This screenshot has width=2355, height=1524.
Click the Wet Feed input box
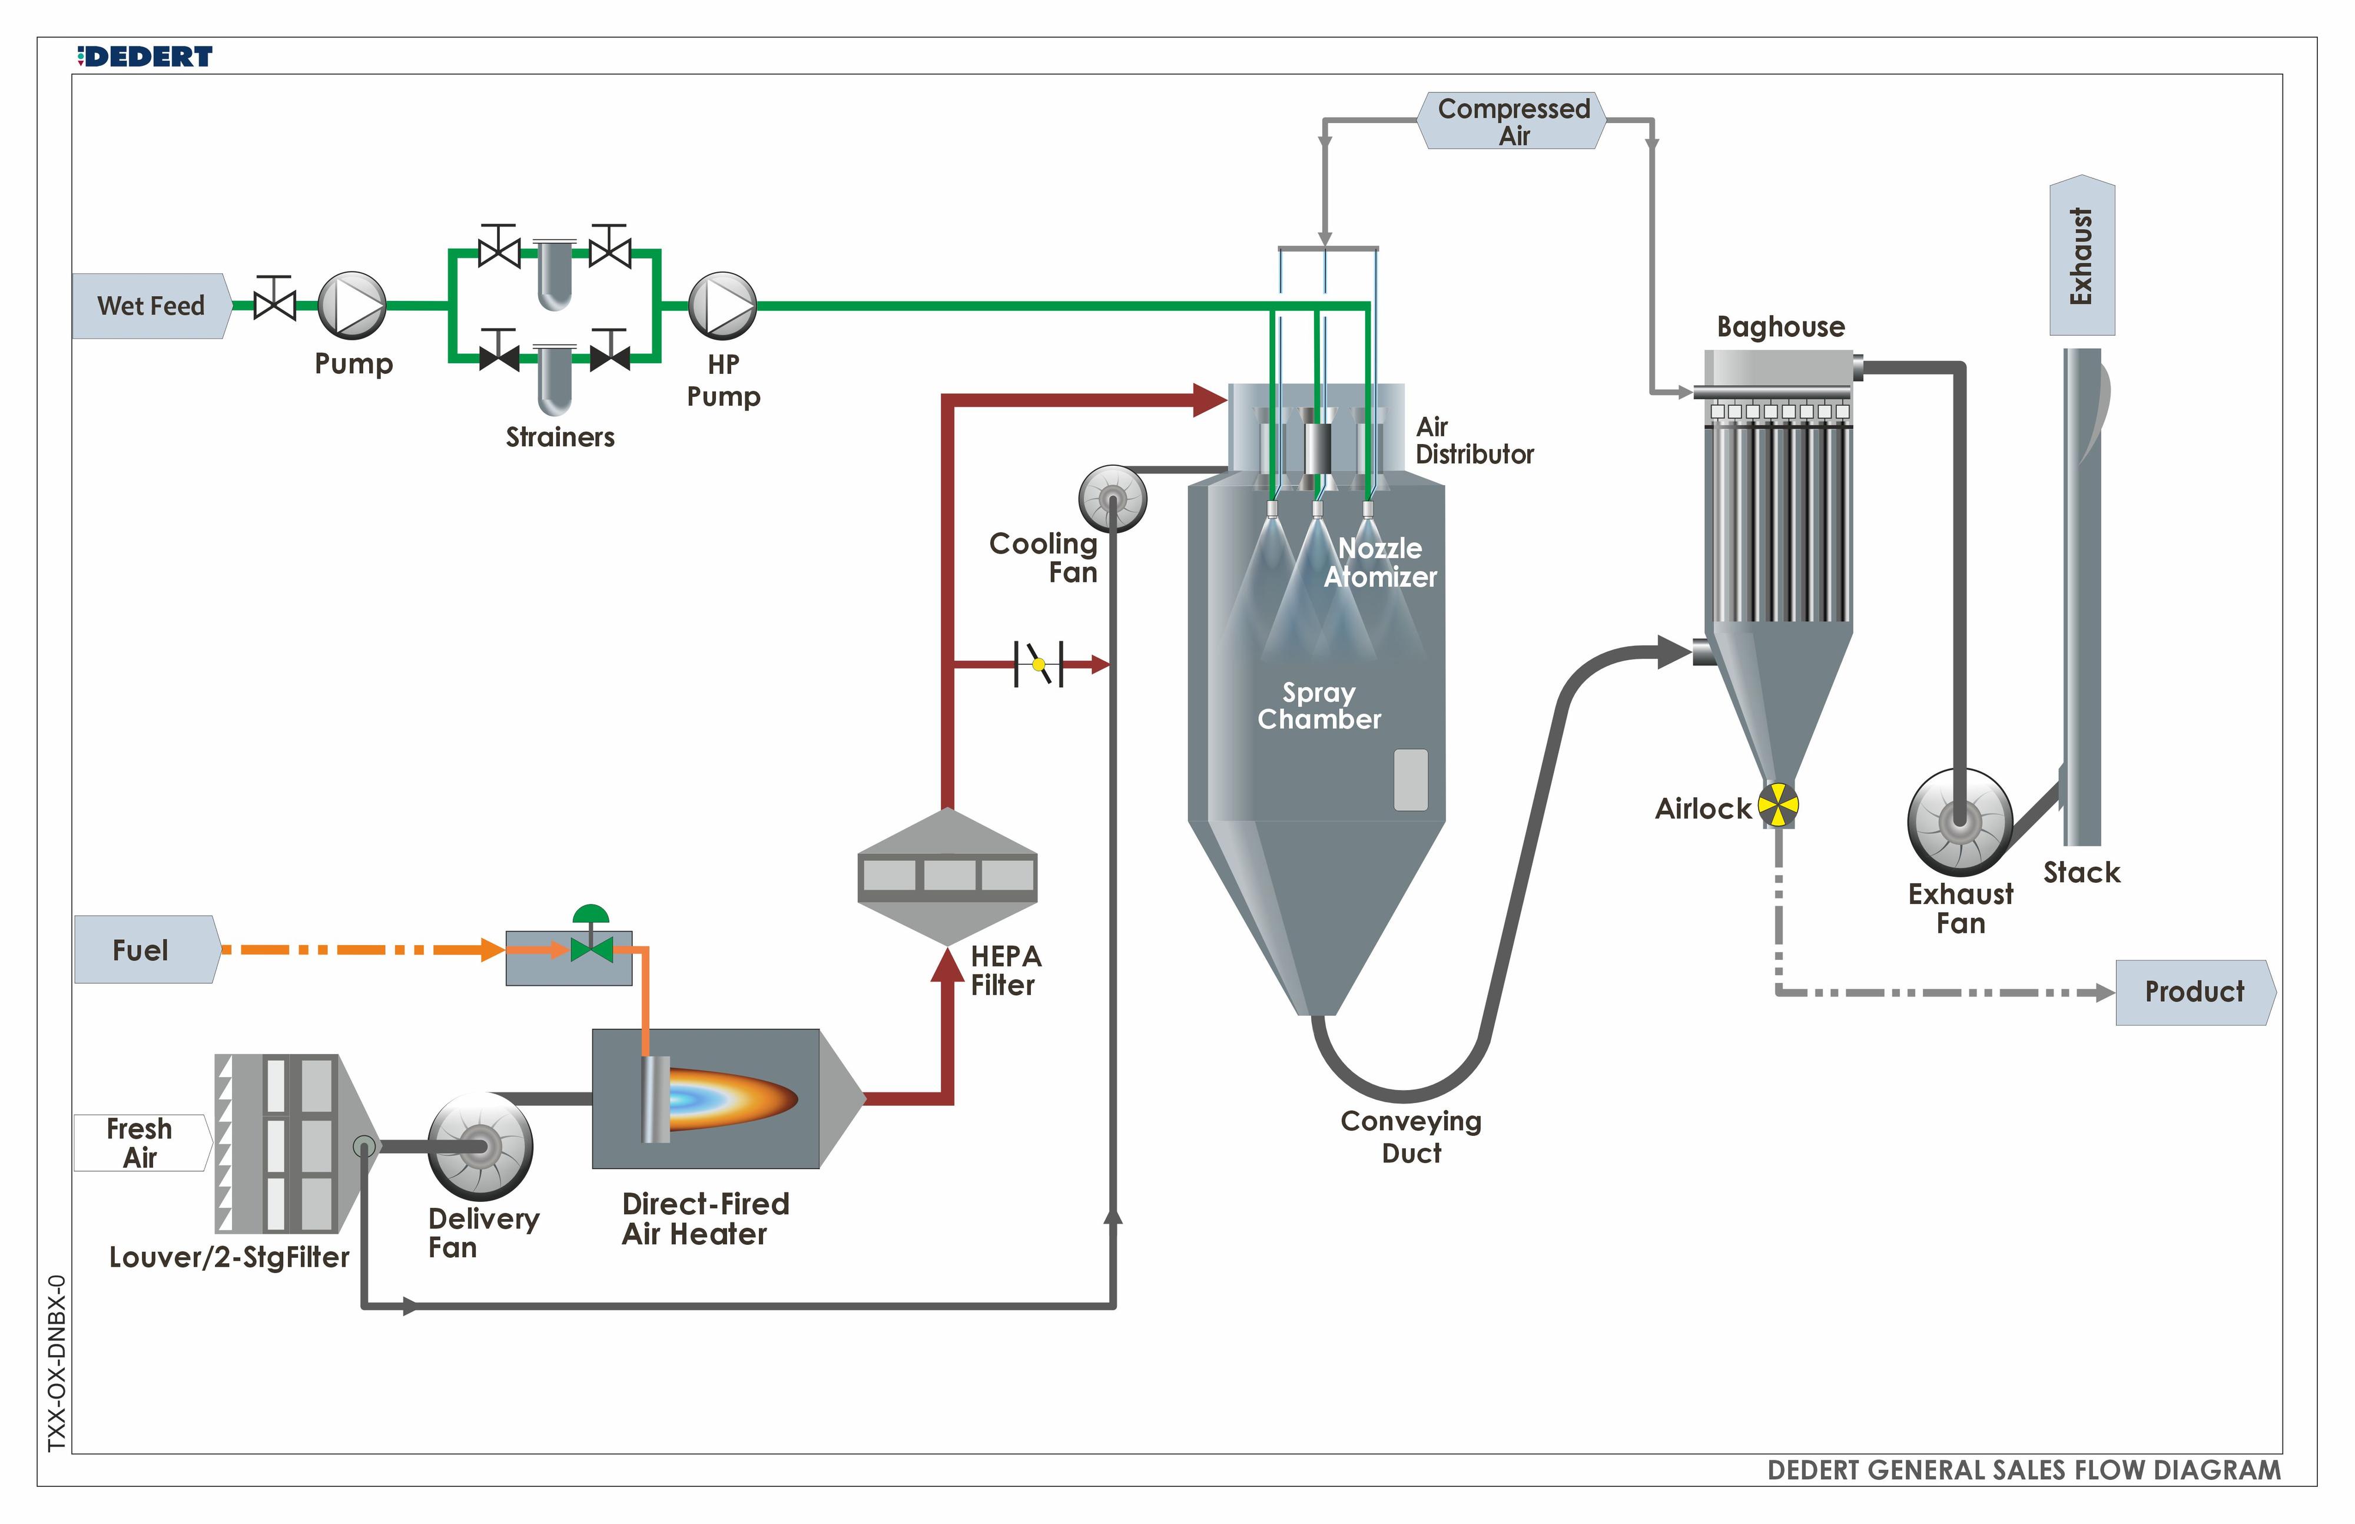[x=150, y=306]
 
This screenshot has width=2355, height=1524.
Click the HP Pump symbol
[x=722, y=306]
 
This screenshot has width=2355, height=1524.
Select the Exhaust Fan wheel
[x=1959, y=821]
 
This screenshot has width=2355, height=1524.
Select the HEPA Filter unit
[x=947, y=876]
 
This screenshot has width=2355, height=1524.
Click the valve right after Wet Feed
[x=274, y=300]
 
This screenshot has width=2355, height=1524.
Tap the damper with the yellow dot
[x=1038, y=664]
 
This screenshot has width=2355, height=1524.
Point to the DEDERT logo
[x=145, y=57]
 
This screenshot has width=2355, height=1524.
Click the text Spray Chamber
[x=1318, y=705]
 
